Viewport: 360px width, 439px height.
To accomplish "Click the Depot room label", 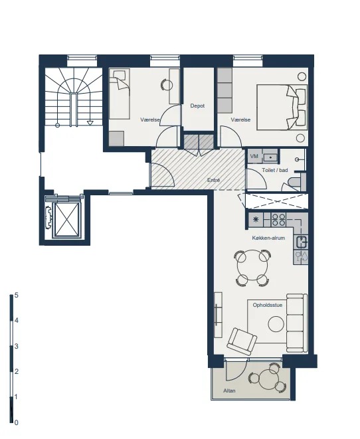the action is [197, 106].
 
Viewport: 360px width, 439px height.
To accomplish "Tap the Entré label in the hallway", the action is [214, 180].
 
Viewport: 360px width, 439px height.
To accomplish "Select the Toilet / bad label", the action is [275, 170].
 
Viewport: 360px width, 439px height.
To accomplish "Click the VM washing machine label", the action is [254, 156].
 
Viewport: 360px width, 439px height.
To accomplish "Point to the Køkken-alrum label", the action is [268, 238].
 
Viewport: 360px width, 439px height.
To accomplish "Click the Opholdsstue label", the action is [268, 305].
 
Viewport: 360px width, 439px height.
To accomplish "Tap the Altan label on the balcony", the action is [229, 391].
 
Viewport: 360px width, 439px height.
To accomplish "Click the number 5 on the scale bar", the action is [16, 295].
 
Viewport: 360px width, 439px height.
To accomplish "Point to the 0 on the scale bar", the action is [16, 422].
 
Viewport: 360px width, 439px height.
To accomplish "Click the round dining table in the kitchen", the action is [253, 268].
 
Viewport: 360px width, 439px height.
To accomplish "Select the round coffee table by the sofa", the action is [276, 324].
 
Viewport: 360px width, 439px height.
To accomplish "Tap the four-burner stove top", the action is [278, 220].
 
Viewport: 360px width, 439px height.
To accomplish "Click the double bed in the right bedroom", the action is [282, 107].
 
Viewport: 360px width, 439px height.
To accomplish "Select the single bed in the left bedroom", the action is [120, 94].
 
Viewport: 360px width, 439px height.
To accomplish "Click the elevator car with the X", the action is [66, 219].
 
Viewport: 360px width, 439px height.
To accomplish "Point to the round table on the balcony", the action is [268, 380].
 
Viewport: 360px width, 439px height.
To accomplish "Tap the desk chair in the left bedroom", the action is [166, 84].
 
